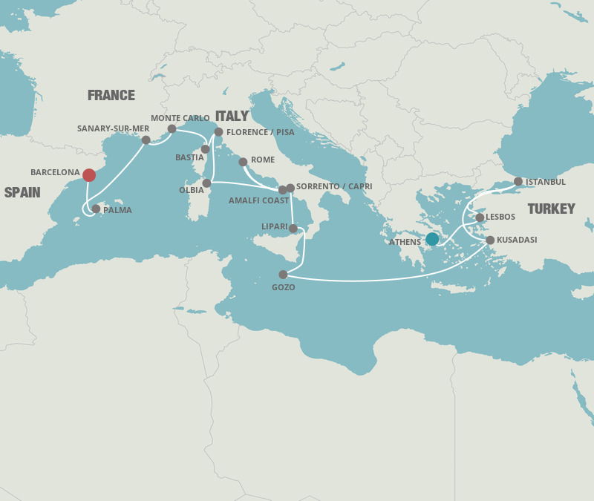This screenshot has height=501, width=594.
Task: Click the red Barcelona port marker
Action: (89, 175)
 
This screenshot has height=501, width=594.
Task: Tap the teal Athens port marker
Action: (432, 239)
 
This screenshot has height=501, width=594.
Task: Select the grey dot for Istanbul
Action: (518, 182)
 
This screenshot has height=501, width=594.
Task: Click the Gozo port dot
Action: (283, 275)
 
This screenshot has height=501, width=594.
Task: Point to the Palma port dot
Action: (96, 209)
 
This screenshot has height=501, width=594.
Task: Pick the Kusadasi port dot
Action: (490, 240)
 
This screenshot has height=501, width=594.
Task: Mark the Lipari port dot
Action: (293, 229)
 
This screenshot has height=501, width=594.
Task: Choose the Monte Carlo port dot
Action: (172, 128)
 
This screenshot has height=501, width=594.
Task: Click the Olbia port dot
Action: (206, 183)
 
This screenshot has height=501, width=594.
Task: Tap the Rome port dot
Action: (243, 162)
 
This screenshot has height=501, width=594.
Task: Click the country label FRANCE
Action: (111, 95)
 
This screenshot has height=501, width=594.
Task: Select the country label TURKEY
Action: (552, 209)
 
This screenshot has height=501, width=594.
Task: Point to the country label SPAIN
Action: (22, 192)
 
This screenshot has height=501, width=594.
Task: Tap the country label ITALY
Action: (232, 116)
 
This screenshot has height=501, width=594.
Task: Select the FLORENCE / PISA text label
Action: (260, 132)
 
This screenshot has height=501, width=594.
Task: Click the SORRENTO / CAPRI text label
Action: (334, 186)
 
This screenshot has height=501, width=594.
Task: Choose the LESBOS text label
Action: (500, 217)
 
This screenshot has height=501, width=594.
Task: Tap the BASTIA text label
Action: (189, 158)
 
